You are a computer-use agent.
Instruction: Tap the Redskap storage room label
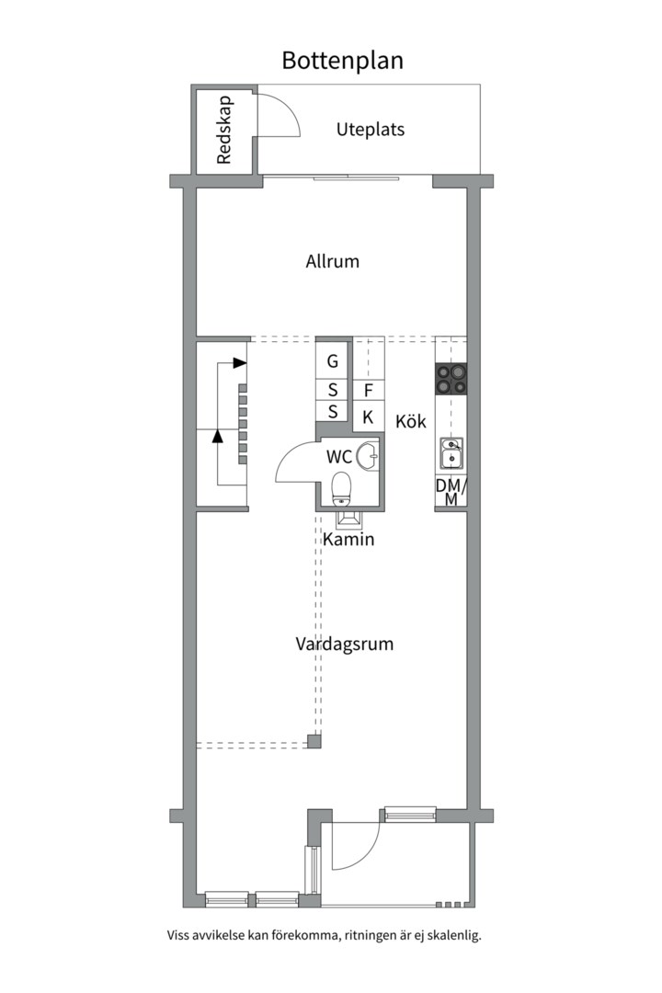224,130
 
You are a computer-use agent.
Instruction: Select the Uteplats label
370,130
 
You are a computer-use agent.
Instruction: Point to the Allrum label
332,261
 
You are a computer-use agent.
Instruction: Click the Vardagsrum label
344,644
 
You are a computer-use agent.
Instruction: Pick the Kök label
410,421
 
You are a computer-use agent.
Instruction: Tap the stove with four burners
451,380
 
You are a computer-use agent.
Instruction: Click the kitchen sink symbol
451,452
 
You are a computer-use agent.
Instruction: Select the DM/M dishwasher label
451,492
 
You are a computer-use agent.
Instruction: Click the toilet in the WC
341,487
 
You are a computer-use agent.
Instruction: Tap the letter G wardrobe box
333,361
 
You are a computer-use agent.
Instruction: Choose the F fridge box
368,391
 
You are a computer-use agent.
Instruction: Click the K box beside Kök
368,417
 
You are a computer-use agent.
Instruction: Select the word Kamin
348,539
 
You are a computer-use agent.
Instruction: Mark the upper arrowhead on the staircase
239,363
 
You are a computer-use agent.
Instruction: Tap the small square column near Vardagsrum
314,741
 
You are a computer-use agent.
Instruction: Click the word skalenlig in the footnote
455,934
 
